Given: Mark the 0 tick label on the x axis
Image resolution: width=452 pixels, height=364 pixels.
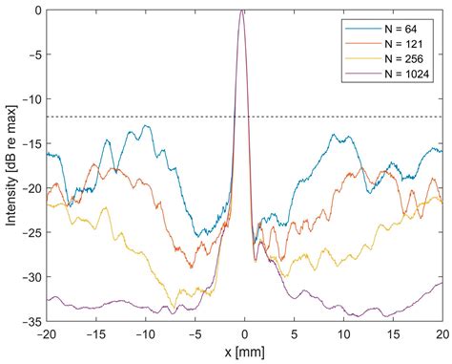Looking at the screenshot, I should pyautogui.click(x=245, y=335).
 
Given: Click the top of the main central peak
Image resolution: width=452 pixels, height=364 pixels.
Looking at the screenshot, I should pyautogui.click(x=243, y=11).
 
